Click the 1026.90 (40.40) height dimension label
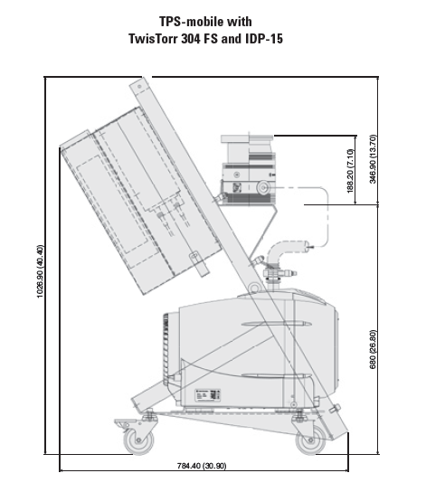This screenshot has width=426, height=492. tap(41, 271)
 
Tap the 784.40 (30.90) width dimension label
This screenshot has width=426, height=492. tap(202, 466)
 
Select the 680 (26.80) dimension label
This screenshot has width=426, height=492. tap(373, 349)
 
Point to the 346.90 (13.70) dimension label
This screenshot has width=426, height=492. tap(373, 159)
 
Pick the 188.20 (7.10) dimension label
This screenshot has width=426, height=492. tap(350, 171)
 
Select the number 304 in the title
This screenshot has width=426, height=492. tap(191, 39)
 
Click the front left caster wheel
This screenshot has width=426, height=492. tap(139, 440)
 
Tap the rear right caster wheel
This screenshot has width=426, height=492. tap(311, 440)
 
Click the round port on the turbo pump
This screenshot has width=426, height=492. tap(263, 187)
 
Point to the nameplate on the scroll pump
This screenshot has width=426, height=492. tap(208, 394)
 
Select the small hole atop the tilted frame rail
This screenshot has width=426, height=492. tap(139, 86)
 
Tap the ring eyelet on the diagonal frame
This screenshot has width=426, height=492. tap(254, 288)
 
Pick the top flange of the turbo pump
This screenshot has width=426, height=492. tap(247, 138)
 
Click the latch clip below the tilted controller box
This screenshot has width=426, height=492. tap(199, 263)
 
